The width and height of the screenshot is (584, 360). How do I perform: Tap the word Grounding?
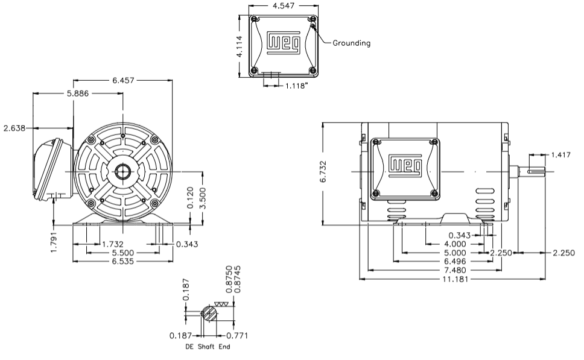(352, 43)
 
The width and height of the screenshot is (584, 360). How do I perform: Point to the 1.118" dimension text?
(297, 86)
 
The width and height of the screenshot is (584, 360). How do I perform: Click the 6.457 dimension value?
(122, 80)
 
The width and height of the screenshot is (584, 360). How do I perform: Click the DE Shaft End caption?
(207, 347)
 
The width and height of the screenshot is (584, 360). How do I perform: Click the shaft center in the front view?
(122, 171)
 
